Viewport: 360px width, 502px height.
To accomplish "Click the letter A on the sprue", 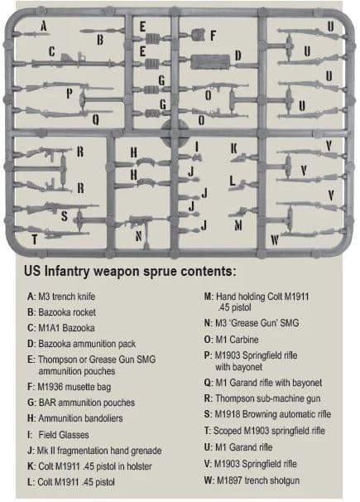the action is pos(44,27).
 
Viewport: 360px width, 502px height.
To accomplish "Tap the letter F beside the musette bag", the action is pos(213,36).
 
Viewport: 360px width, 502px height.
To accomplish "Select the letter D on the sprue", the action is pos(238,56).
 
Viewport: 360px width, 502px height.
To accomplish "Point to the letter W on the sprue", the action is pos(275,239).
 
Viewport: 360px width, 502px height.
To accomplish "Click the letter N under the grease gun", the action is pos(138,236).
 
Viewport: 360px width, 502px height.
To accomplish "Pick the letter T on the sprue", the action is pos(35,239).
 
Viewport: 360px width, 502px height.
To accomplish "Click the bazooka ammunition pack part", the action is pos(210,62).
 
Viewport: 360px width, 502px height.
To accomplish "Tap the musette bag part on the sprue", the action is pos(199,35).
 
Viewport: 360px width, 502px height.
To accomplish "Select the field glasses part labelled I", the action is pos(197,157).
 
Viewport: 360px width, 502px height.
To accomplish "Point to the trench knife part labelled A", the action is pos(32,34).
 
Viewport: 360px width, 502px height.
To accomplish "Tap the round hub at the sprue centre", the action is pos(175,132).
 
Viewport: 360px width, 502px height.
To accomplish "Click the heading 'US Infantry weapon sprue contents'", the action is pos(130,272).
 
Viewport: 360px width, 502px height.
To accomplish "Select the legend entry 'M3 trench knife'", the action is pos(61,297).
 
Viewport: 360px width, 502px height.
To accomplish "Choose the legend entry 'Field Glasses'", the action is pos(58,435).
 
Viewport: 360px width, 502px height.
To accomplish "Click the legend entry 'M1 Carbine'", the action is pos(231,340).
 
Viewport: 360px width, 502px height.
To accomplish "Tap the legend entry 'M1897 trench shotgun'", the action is pos(252,480).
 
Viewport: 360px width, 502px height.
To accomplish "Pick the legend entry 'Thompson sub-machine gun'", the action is pos(262,398).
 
